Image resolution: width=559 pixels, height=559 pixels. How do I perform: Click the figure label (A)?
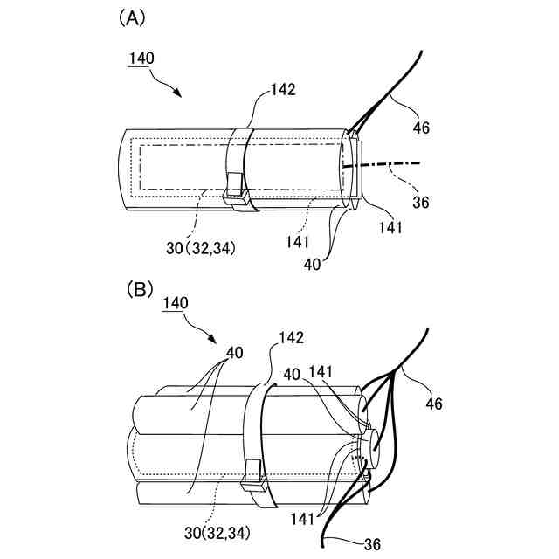click(133, 18)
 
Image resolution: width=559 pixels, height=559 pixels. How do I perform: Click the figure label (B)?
click(141, 287)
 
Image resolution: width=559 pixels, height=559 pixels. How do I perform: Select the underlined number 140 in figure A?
click(141, 59)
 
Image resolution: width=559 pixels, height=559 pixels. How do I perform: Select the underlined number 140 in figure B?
click(176, 303)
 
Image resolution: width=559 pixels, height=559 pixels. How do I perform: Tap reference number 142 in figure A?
click(283, 89)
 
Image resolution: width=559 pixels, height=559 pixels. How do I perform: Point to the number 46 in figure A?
click(420, 128)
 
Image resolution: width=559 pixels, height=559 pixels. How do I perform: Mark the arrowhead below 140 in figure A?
click(179, 93)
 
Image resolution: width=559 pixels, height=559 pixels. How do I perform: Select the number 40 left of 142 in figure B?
click(233, 352)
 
